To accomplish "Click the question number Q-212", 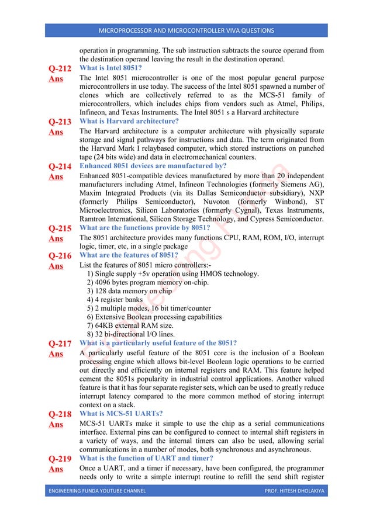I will coord(59,69).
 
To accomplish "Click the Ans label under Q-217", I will coord(56,354).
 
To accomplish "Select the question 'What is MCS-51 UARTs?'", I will coord(121,414).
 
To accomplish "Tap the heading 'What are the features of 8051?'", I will coord(128,255).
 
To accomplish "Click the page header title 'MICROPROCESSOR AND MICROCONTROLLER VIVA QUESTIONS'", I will coord(186,30).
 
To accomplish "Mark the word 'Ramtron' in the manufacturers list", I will coord(94,219).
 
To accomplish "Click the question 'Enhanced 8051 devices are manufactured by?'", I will coord(153,166).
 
